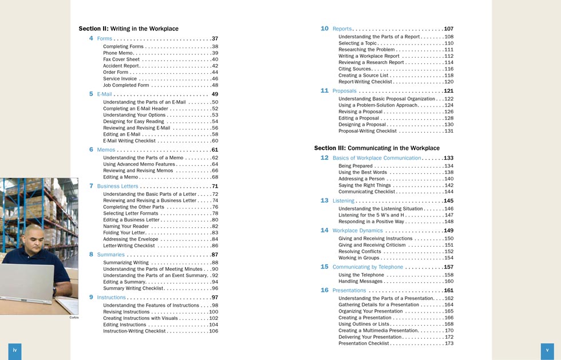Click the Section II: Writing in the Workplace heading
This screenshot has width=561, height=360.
(x=128, y=29)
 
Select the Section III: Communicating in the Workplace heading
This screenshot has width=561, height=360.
(x=377, y=148)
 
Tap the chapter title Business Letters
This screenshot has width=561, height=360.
(x=117, y=186)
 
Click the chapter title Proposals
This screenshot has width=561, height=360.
(x=344, y=91)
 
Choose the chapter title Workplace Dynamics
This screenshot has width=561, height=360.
(x=357, y=231)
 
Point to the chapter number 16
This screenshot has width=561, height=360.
(x=324, y=290)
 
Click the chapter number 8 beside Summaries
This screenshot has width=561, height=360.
(x=91, y=254)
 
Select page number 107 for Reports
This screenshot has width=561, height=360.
(x=448, y=29)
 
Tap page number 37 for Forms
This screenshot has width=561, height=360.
(x=215, y=38)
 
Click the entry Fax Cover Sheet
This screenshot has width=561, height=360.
(x=121, y=60)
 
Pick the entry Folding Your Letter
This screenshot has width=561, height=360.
(x=124, y=233)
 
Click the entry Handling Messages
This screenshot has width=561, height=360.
(x=360, y=282)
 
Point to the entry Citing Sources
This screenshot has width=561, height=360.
(x=355, y=69)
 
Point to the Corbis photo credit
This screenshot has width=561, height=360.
(x=73, y=317)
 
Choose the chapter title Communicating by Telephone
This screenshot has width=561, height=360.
(x=368, y=267)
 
